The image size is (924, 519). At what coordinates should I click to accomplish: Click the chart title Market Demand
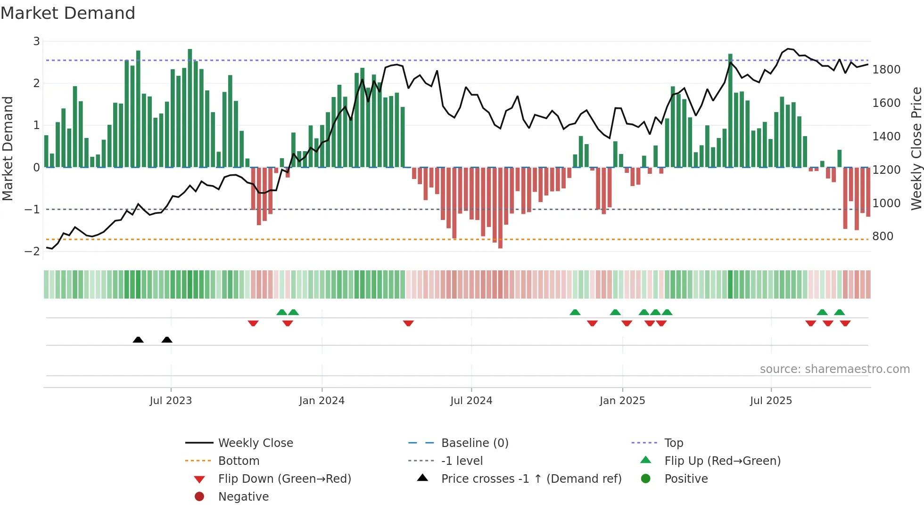click(x=68, y=13)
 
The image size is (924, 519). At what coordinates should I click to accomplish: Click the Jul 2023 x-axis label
click(x=171, y=401)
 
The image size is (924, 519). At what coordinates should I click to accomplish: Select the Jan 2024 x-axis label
click(x=322, y=401)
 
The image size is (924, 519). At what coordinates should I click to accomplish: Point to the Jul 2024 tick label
click(x=471, y=401)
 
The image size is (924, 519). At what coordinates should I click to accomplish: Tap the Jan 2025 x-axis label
click(x=622, y=401)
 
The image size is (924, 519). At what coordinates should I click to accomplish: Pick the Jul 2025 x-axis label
click(x=771, y=401)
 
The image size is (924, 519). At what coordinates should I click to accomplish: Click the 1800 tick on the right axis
click(x=886, y=70)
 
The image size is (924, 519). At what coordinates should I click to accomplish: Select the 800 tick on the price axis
click(x=883, y=236)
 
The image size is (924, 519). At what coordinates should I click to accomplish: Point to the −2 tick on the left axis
click(x=32, y=251)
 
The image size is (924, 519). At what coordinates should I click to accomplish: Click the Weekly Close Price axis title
click(x=916, y=148)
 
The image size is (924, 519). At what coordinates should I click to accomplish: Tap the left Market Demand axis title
click(x=8, y=148)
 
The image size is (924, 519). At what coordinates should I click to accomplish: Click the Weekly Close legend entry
click(x=255, y=443)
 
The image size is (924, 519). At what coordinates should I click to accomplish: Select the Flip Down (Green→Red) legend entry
click(x=284, y=479)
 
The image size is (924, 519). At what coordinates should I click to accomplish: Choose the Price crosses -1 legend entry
click(x=531, y=479)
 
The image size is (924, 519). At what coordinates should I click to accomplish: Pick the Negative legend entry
click(x=243, y=497)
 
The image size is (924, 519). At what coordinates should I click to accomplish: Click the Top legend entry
click(x=673, y=443)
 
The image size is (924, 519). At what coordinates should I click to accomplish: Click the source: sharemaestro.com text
click(x=834, y=369)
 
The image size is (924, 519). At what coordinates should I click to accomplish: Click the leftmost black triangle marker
click(x=138, y=340)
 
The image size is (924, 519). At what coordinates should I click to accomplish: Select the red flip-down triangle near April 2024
click(x=408, y=323)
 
